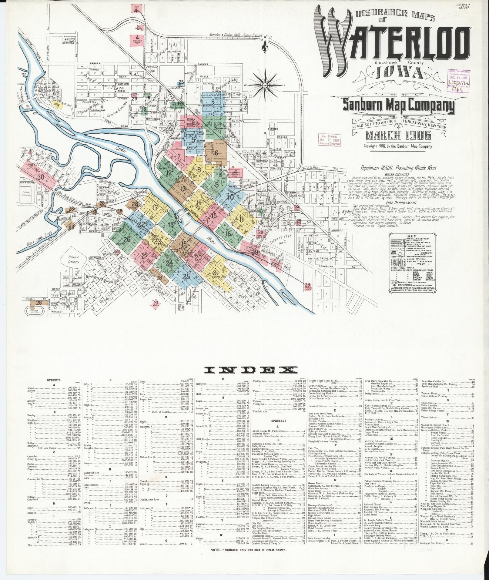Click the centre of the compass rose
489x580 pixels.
[x=265, y=85]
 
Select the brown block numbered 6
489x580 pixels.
[x=216, y=153]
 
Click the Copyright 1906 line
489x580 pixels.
[x=398, y=146]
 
